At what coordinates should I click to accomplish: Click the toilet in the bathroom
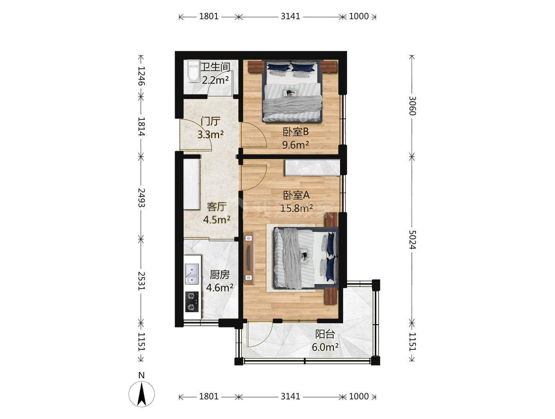pos(194,71)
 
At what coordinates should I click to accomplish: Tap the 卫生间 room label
pos(215,67)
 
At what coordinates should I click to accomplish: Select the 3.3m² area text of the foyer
pos(210,135)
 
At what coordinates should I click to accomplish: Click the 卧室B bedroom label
pos(295,132)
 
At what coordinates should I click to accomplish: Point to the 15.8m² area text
pos(297,208)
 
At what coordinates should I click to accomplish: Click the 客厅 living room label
pos(217,207)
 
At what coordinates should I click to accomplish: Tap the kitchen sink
pos(192,274)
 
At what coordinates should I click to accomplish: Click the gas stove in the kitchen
pos(192,302)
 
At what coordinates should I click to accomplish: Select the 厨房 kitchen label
pos(220,275)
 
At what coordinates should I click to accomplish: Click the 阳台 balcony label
pos(325,334)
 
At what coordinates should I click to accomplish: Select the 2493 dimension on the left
pos(141,198)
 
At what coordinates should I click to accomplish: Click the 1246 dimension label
pos(141,76)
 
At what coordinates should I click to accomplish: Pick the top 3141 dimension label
pos(290,16)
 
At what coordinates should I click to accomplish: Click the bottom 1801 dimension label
pos(209,396)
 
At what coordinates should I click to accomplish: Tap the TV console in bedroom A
pos(249,258)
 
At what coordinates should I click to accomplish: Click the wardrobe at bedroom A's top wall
pos(313,167)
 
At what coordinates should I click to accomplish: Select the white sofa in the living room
pos(192,184)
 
